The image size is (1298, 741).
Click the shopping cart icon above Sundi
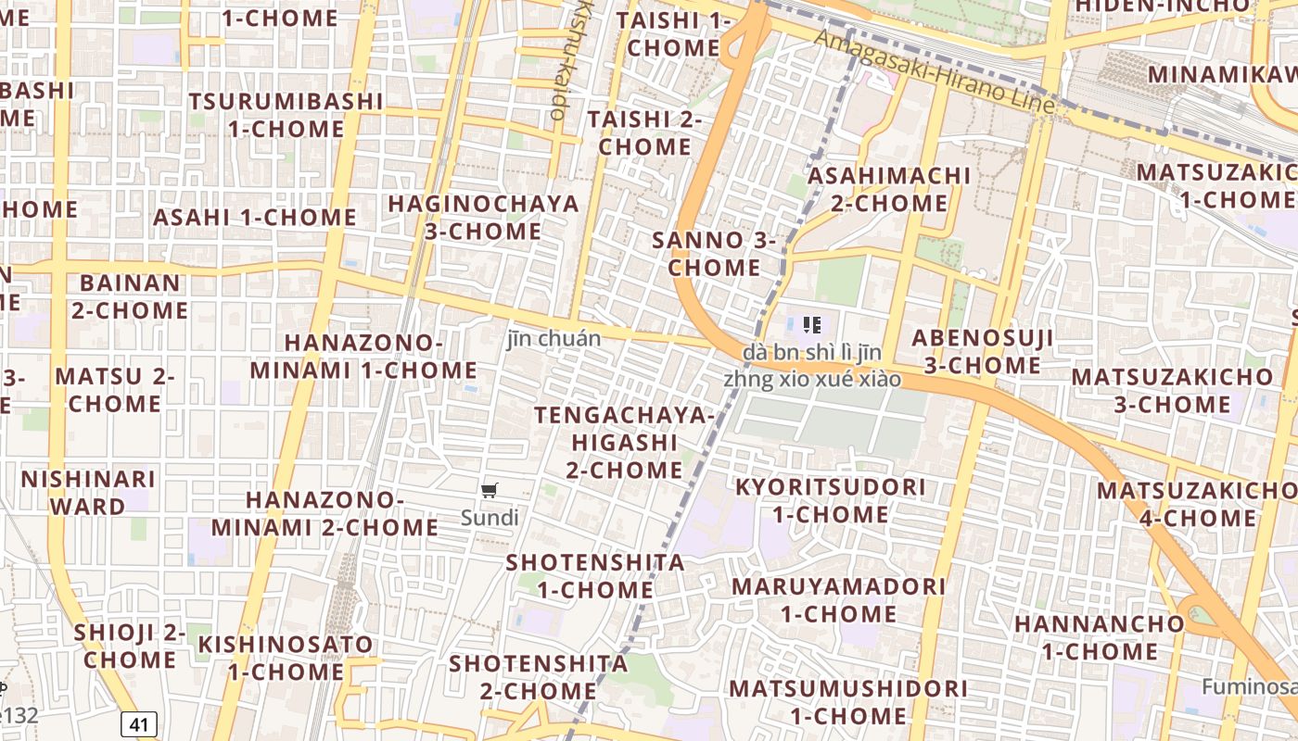tap(490, 490)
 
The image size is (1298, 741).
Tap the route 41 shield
tap(138, 724)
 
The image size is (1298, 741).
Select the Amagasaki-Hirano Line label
tap(935, 71)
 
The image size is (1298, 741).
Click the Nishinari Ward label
tap(88, 493)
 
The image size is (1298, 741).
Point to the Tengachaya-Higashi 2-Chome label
tap(624, 443)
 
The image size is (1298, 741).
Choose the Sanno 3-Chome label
tap(714, 254)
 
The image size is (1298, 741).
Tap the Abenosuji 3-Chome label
tap(982, 351)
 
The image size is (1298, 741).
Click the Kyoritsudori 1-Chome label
tap(830, 500)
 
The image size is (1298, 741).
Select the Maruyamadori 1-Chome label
tap(838, 599)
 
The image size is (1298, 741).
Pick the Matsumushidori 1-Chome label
tap(848, 702)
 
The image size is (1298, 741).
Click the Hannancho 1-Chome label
tap(1099, 637)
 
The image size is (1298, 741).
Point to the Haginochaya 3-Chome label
tap(483, 217)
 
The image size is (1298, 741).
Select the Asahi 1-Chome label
tap(255, 218)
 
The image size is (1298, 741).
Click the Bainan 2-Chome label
tap(130, 296)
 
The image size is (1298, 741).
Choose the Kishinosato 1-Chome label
tap(286, 658)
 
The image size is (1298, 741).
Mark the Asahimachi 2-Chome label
tap(889, 189)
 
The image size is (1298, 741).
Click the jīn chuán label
tap(554, 339)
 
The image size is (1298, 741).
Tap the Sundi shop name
tap(490, 518)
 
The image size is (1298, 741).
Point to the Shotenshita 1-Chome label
tap(594, 576)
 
